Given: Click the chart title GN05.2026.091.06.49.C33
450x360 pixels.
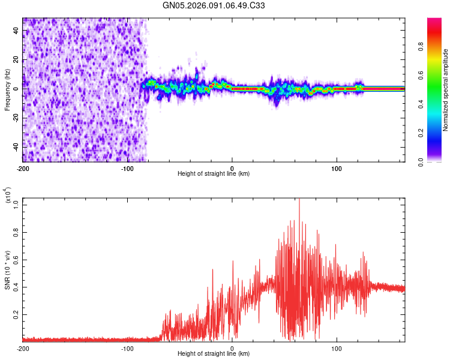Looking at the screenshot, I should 214,5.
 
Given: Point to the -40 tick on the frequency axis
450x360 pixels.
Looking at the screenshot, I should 16,146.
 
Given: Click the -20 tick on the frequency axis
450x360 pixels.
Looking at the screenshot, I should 16,118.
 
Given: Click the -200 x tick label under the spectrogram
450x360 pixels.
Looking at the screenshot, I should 23,168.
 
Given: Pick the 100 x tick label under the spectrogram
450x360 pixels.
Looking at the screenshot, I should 337,168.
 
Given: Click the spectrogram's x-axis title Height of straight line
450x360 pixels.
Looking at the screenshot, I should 214,174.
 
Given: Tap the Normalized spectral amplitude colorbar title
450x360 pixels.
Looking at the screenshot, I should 446,90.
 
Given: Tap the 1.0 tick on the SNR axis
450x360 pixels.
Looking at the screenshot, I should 16,204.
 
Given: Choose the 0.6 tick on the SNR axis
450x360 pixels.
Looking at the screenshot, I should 16,259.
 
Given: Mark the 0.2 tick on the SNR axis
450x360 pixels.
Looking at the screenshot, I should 16,314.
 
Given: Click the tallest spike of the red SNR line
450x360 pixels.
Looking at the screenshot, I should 299,200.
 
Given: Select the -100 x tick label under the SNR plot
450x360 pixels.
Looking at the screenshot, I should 127,348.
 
